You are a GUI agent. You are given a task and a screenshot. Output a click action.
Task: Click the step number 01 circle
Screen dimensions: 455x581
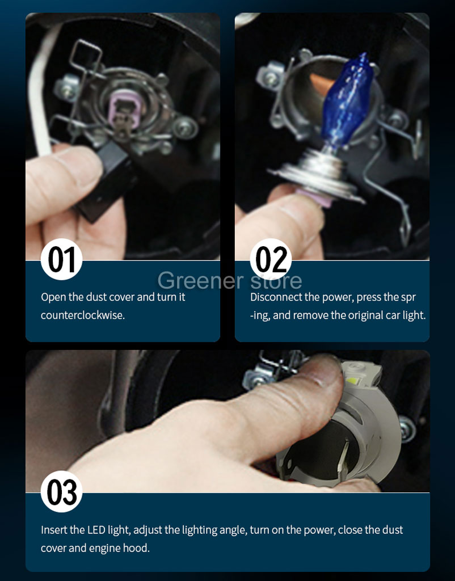click(x=61, y=259)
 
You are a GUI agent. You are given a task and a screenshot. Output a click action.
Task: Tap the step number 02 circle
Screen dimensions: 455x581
click(x=271, y=259)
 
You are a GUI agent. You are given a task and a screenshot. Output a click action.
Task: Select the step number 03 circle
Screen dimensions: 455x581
click(x=61, y=491)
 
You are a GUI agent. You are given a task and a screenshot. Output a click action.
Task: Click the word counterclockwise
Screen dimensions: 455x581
click(x=83, y=315)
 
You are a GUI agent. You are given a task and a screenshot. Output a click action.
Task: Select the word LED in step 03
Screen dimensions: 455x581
click(x=96, y=529)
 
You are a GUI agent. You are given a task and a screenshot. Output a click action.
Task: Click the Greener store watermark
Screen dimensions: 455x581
click(x=230, y=280)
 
